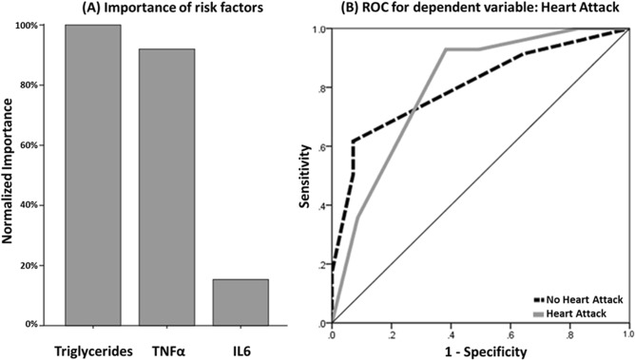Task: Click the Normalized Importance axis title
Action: point(9,176)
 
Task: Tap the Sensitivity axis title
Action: point(306,177)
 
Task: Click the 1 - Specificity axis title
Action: point(479,351)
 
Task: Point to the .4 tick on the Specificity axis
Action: point(451,334)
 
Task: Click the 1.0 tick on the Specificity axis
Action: point(627,334)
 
